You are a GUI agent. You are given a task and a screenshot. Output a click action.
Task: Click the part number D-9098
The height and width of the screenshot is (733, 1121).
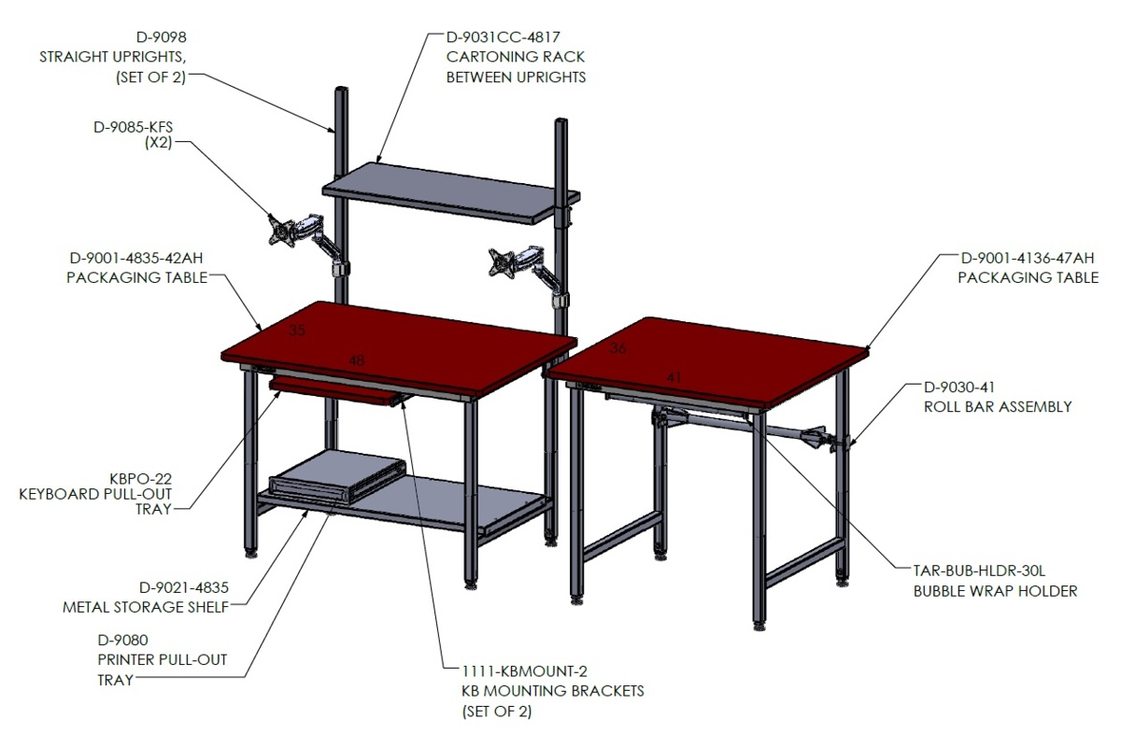pyautogui.click(x=161, y=37)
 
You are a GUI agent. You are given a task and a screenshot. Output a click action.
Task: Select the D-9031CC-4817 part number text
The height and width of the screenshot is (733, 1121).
pyautogui.click(x=503, y=37)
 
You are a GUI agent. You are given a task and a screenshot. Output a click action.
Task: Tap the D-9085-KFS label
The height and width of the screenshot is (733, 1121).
pyautogui.click(x=133, y=127)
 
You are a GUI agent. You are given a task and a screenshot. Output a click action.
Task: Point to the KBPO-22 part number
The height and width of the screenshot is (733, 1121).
pyautogui.click(x=141, y=479)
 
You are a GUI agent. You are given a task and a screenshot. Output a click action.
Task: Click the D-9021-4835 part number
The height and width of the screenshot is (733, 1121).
pyautogui.click(x=184, y=587)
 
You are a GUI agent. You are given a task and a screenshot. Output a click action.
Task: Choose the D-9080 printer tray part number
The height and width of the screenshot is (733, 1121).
pyautogui.click(x=122, y=640)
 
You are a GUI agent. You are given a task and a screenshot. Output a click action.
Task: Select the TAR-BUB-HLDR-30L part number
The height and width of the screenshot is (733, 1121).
pyautogui.click(x=979, y=571)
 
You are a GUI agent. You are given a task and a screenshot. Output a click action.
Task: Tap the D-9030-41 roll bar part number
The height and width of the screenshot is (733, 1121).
pyautogui.click(x=958, y=388)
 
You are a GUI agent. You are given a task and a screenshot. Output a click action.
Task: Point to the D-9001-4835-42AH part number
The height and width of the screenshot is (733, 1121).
pyautogui.click(x=136, y=258)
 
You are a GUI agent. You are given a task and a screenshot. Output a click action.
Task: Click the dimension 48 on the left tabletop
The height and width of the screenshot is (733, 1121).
pyautogui.click(x=356, y=360)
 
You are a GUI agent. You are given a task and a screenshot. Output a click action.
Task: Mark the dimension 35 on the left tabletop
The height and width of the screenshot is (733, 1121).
pyautogui.click(x=297, y=331)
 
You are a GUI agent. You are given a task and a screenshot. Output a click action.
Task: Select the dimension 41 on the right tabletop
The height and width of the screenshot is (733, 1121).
pyautogui.click(x=674, y=377)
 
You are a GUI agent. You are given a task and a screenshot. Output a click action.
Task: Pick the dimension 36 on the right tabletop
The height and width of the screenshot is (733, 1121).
pyautogui.click(x=617, y=347)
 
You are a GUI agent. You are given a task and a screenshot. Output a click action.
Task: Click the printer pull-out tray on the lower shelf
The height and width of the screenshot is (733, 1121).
pyautogui.click(x=338, y=475)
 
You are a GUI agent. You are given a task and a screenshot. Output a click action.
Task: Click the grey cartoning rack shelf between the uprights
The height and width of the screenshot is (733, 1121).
pyautogui.click(x=450, y=193)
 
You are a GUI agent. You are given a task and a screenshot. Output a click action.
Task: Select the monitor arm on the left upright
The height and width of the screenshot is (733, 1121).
pyautogui.click(x=306, y=242)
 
